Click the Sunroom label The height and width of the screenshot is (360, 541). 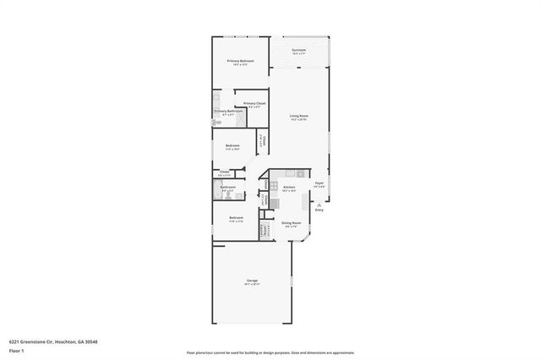298,51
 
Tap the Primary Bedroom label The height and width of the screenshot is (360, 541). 240,62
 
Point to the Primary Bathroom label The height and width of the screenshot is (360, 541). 229,112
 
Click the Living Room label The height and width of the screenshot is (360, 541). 298,117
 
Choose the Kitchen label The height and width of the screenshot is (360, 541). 289,188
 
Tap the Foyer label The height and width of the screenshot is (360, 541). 320,183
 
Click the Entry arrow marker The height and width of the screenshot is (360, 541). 320,206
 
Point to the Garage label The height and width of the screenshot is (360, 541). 252,280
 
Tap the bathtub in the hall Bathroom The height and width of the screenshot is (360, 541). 216,190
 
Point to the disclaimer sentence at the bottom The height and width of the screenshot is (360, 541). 270,352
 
